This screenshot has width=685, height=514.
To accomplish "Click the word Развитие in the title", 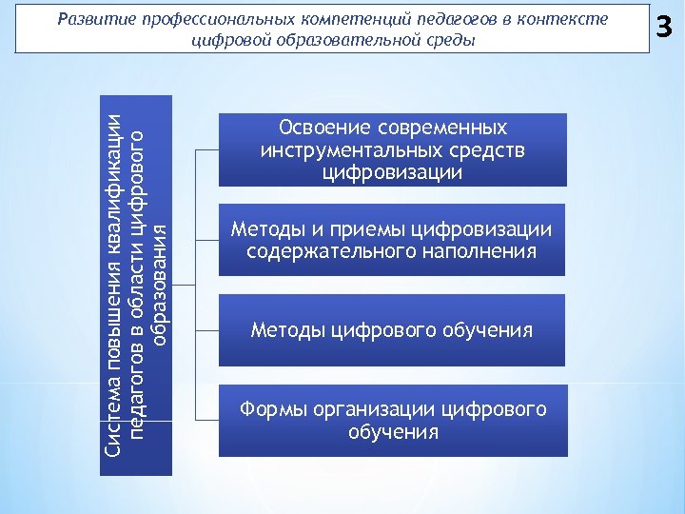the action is coord(94,19).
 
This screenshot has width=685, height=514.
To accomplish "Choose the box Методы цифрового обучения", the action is coord(391,330).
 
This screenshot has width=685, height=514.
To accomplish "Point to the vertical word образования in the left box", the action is coord(161,283).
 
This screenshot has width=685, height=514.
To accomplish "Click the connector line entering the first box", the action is coord(207,149).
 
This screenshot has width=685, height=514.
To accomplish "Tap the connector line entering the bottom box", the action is coord(207,420).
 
